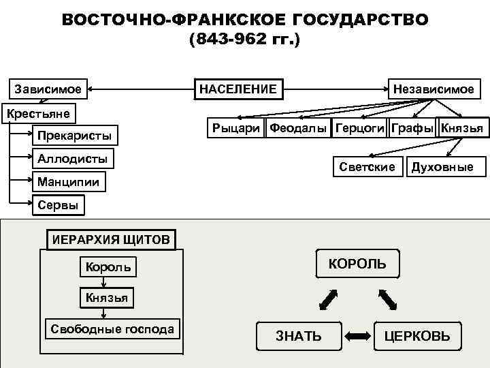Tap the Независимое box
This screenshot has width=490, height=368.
coord(434,89)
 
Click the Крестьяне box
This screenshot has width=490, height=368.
coord(39,112)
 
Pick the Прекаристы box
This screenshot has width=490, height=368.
coord(74,136)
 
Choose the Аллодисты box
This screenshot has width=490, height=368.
coord(73,159)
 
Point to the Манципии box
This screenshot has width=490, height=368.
coord(69,182)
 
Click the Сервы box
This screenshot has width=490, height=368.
coord(58,204)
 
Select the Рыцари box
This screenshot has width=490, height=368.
coord(236,127)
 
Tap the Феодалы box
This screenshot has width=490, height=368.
coord(299,127)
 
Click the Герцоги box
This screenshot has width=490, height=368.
coord(360,127)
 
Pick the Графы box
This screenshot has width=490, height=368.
coord(413,127)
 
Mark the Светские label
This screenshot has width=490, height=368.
coord(367,166)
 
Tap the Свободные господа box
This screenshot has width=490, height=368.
coord(112,329)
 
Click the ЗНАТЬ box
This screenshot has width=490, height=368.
coord(299,335)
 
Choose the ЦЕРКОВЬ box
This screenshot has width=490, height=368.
coord(417,335)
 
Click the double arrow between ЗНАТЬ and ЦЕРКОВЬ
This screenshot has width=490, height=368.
coord(357,335)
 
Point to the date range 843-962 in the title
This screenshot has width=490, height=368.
coord(233,41)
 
